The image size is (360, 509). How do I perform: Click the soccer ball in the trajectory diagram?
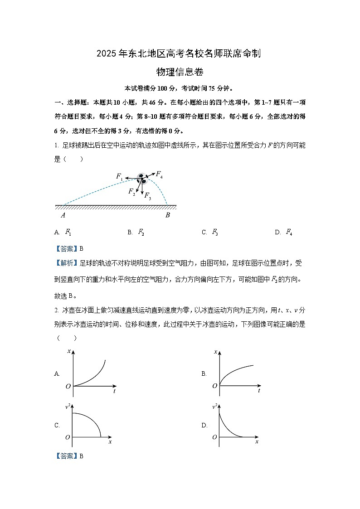[141, 178]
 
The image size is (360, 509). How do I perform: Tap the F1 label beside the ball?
[119, 176]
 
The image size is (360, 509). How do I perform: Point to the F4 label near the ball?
[160, 174]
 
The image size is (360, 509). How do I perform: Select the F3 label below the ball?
[148, 196]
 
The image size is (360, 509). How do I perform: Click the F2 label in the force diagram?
[131, 192]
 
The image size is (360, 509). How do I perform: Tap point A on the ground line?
[63, 215]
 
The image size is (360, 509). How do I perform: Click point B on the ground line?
[167, 215]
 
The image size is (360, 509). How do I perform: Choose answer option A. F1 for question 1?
[63, 233]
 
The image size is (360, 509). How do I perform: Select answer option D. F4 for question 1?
[283, 233]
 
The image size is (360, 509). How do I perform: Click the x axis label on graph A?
[69, 351]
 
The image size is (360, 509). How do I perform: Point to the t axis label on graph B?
[258, 391]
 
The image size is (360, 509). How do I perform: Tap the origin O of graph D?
[214, 437]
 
